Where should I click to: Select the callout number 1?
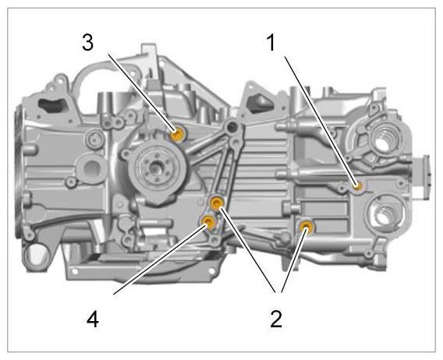271,43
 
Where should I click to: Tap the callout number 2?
276,319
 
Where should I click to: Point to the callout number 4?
92,320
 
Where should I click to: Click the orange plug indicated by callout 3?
179,134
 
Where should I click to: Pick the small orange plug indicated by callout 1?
359,185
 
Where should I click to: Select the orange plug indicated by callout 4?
209,222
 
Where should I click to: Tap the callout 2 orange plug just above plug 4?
218,203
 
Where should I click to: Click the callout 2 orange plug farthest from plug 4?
306,226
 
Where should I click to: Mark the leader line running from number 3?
142,92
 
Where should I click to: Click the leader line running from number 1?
321,121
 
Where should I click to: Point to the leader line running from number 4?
160,259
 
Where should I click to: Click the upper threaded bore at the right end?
381,140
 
